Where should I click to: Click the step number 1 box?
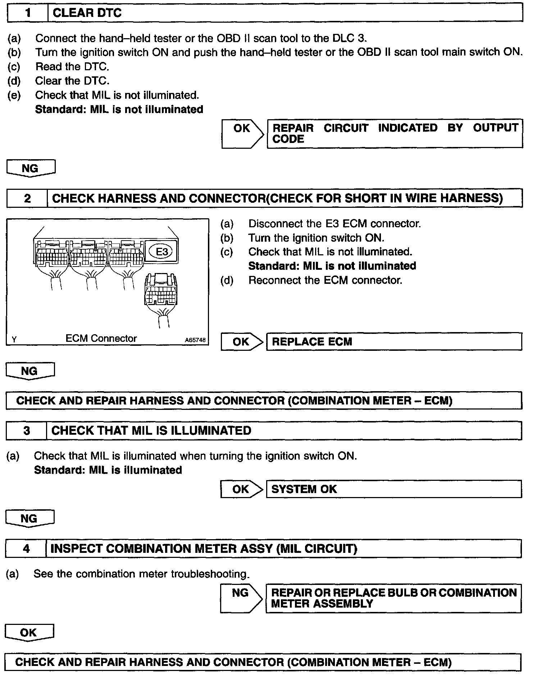pos(28,13)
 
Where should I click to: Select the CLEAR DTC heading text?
pos(87,13)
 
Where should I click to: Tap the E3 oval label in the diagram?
pos(162,251)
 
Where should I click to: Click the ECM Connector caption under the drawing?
pos(101,338)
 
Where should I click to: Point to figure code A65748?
pos(195,340)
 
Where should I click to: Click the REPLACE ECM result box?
pos(394,341)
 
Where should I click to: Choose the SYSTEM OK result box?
pos(394,489)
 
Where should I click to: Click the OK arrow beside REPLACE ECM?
pos(241,341)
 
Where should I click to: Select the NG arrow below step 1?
pos(31,168)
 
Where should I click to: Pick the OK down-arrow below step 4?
pos(29,633)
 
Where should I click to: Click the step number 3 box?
pos(26,431)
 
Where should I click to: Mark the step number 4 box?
pos(26,549)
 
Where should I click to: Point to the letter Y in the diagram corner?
pos(14,340)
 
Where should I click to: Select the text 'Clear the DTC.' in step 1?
pos(72,81)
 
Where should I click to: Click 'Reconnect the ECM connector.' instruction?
pos(325,280)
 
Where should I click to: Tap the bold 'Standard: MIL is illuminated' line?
pos(108,470)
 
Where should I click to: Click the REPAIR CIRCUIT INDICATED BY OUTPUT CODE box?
pos(395,134)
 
